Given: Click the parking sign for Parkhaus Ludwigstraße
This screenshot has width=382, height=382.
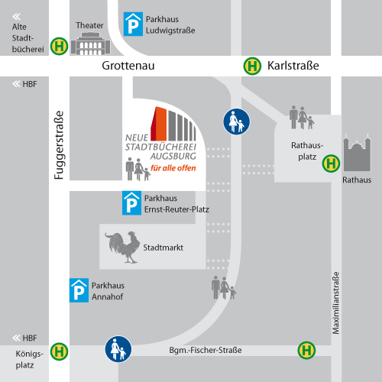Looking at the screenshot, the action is pyautogui.click(x=133, y=24).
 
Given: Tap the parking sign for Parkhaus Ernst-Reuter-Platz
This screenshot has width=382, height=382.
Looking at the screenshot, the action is pyautogui.click(x=131, y=203).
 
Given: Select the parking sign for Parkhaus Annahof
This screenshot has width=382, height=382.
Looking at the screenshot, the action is pyautogui.click(x=79, y=290).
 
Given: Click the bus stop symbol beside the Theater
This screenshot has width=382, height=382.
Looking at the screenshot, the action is pyautogui.click(x=59, y=47).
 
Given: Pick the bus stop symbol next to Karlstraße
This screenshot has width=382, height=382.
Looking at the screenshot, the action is pyautogui.click(x=252, y=66).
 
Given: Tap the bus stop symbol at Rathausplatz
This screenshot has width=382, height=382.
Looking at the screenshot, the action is pyautogui.click(x=331, y=163).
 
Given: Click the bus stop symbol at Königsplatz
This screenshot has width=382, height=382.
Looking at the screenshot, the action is pyautogui.click(x=59, y=351).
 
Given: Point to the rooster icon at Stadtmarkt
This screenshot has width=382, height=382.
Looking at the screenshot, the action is pyautogui.click(x=122, y=247).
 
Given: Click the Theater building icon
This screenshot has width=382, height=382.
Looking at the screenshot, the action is pyautogui.click(x=90, y=44).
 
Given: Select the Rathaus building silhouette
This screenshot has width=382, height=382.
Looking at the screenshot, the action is pyautogui.click(x=357, y=153).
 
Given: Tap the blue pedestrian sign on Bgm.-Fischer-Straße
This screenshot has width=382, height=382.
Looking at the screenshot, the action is pyautogui.click(x=118, y=349).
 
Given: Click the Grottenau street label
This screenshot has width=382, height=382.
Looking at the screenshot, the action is pyautogui.click(x=128, y=66).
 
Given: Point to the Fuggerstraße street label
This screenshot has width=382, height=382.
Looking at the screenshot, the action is pyautogui.click(x=59, y=145).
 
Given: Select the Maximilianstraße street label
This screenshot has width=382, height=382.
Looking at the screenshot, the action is pyautogui.click(x=335, y=303).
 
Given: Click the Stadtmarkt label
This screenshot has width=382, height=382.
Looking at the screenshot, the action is pyautogui.click(x=163, y=248).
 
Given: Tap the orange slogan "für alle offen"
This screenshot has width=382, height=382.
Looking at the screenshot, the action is pyautogui.click(x=173, y=168).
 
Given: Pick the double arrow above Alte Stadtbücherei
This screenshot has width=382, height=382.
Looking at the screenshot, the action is pyautogui.click(x=16, y=17).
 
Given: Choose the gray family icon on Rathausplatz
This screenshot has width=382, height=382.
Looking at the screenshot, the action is pyautogui.click(x=302, y=118).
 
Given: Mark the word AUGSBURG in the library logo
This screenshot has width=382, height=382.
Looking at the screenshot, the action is pyautogui.click(x=173, y=156).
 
